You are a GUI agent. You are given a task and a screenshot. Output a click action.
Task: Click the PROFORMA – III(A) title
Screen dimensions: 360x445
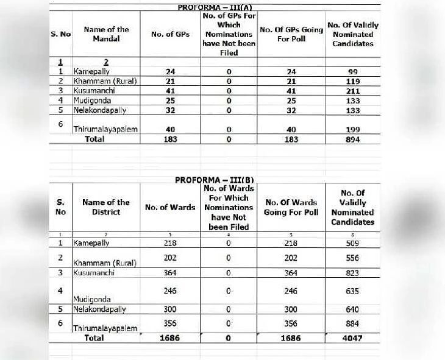pyautogui.click(x=215, y=7)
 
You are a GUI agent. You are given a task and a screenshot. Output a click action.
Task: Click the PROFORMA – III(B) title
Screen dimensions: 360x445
pyautogui.click(x=215, y=180)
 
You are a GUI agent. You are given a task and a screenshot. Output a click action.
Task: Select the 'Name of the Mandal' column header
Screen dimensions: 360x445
pyautogui.click(x=106, y=34)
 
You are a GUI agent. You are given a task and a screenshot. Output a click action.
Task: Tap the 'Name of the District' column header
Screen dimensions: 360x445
pyautogui.click(x=106, y=207)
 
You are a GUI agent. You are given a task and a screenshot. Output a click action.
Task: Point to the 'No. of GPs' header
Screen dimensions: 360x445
pyautogui.click(x=170, y=34)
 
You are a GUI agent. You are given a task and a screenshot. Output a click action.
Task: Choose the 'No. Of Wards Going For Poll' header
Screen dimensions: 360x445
pyautogui.click(x=291, y=207)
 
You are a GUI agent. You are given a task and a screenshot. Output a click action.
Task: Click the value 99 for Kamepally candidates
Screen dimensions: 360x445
pyautogui.click(x=353, y=72)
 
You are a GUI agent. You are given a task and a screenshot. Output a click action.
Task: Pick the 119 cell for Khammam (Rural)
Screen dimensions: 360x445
pyautogui.click(x=353, y=82)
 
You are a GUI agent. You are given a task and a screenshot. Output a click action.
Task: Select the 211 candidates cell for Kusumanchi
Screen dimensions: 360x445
pyautogui.click(x=353, y=91)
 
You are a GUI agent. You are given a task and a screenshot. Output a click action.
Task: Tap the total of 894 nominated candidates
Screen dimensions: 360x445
pyautogui.click(x=353, y=139)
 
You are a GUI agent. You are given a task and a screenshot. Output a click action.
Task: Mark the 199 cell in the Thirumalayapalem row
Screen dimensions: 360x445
pyautogui.click(x=353, y=130)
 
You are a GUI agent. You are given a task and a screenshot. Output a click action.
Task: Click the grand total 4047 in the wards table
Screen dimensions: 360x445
pyautogui.click(x=353, y=338)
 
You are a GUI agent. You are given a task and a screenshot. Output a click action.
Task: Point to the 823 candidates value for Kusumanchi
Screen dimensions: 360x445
pyautogui.click(x=353, y=274)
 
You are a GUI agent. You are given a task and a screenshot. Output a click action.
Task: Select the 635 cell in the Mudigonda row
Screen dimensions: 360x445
pyautogui.click(x=353, y=291)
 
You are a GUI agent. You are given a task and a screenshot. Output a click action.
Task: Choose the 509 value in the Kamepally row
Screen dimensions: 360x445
pyautogui.click(x=353, y=243)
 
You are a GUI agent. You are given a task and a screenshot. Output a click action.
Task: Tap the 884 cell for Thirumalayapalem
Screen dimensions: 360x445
pyautogui.click(x=353, y=323)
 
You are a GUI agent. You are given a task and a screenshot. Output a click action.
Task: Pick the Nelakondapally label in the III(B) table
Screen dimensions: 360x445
pyautogui.click(x=100, y=309)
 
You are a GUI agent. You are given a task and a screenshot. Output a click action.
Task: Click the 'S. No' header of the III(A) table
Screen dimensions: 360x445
pyautogui.click(x=60, y=34)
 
